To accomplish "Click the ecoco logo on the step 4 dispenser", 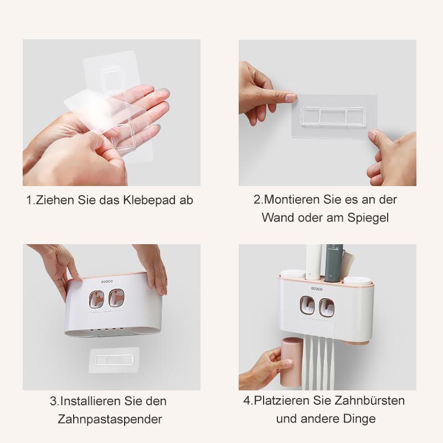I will click(x=316, y=287).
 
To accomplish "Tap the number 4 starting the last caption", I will click(x=246, y=401).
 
